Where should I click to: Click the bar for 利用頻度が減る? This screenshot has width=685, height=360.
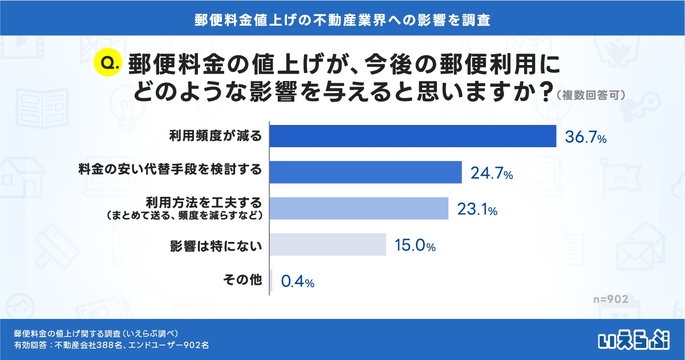click(x=412, y=136)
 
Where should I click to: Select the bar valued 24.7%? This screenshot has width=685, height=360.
click(x=365, y=172)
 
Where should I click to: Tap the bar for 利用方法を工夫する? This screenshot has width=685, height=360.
click(x=358, y=208)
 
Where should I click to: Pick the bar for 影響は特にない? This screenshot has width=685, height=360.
click(x=327, y=244)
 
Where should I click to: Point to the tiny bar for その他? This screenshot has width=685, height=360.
click(x=271, y=280)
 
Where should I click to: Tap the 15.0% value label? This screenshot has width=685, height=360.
click(x=415, y=246)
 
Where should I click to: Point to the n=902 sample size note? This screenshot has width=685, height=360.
click(x=610, y=300)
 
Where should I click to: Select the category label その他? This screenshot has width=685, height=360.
click(x=248, y=280)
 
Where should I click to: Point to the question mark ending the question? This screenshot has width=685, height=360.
click(x=545, y=91)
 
